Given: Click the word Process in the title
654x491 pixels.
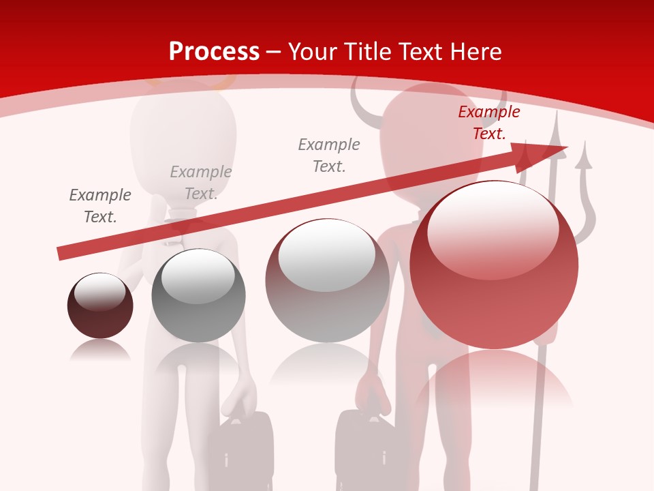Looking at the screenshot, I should coord(214,51).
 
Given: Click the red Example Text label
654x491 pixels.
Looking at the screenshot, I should coord(488,123).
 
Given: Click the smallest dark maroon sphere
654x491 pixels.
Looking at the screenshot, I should coord(100,306).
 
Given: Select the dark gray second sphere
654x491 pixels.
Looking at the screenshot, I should coord(198,295).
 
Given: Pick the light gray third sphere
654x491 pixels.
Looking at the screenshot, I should coord(327,280).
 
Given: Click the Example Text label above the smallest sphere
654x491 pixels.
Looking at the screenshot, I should coord(100,206).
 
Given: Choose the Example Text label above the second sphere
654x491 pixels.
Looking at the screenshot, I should coord(200,183).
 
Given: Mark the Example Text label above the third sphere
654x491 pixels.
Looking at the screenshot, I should coord(329,155).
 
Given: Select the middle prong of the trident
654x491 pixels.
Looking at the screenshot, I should coord(556,136).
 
